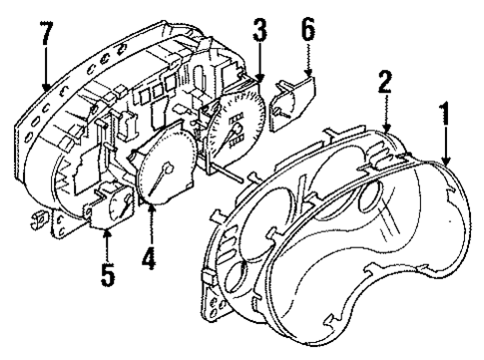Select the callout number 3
259,37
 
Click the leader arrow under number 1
445,150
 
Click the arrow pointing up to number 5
107,239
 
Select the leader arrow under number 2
387,120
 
